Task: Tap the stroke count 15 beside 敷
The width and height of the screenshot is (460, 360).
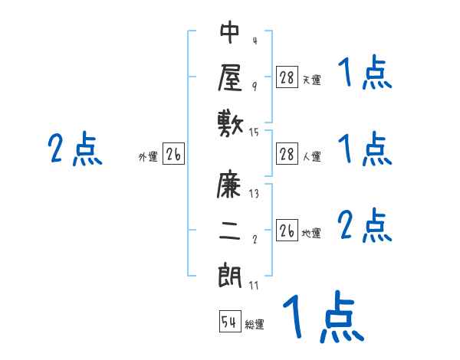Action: (x=255, y=133)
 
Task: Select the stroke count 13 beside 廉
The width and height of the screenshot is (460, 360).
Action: (x=255, y=194)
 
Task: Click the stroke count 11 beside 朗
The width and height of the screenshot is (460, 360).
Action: (x=255, y=286)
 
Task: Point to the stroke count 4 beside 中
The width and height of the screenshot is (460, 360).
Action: (x=255, y=41)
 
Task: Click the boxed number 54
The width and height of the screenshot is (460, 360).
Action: (x=229, y=322)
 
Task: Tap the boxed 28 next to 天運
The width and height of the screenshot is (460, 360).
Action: (x=287, y=77)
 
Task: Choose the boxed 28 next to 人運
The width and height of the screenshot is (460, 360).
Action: (x=287, y=154)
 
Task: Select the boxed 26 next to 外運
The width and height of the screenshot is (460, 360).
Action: (x=173, y=155)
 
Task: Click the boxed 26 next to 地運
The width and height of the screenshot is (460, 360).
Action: (x=287, y=231)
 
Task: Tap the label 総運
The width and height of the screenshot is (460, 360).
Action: (x=255, y=325)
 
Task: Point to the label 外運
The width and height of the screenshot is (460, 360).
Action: (x=148, y=157)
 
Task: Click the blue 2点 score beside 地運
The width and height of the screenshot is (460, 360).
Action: (x=365, y=227)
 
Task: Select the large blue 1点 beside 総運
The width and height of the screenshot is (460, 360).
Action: (x=322, y=317)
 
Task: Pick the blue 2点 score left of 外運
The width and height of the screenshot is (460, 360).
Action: (x=75, y=149)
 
